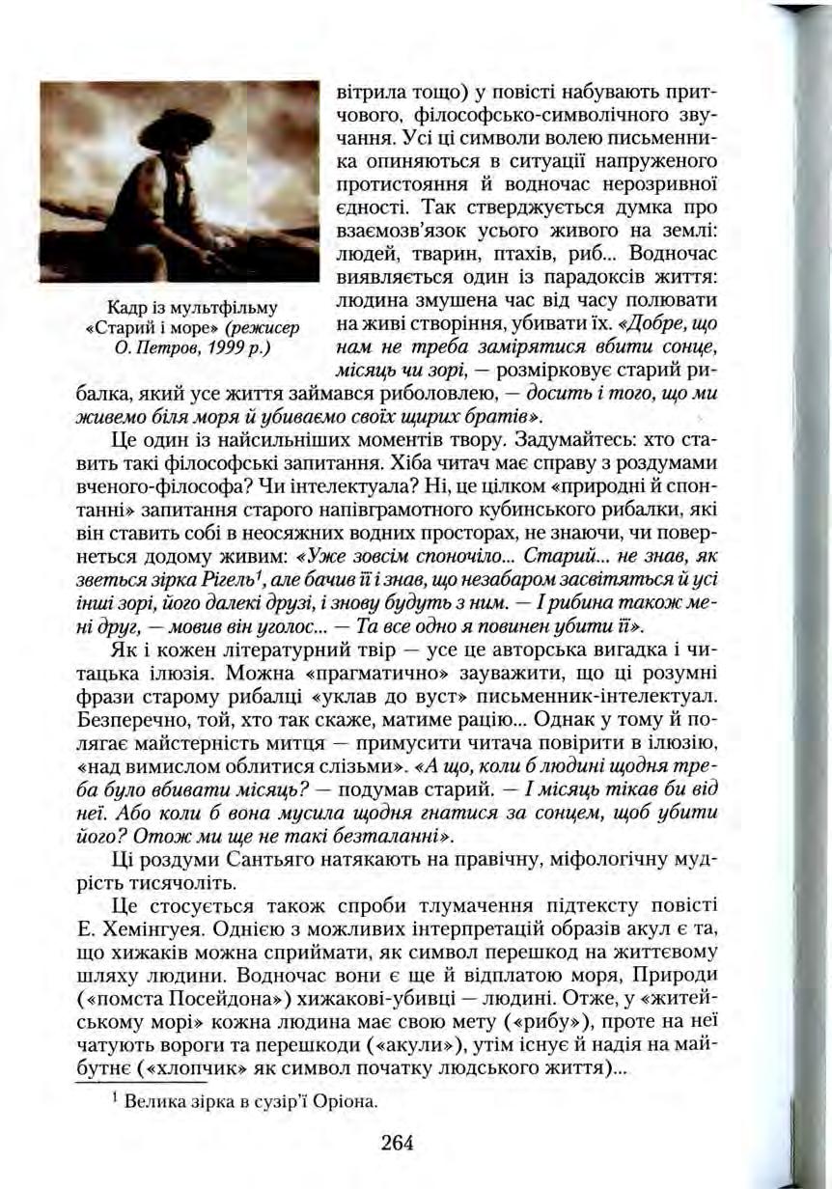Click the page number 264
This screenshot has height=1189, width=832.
click(x=397, y=1143)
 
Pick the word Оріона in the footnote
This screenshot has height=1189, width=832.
click(x=344, y=1101)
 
